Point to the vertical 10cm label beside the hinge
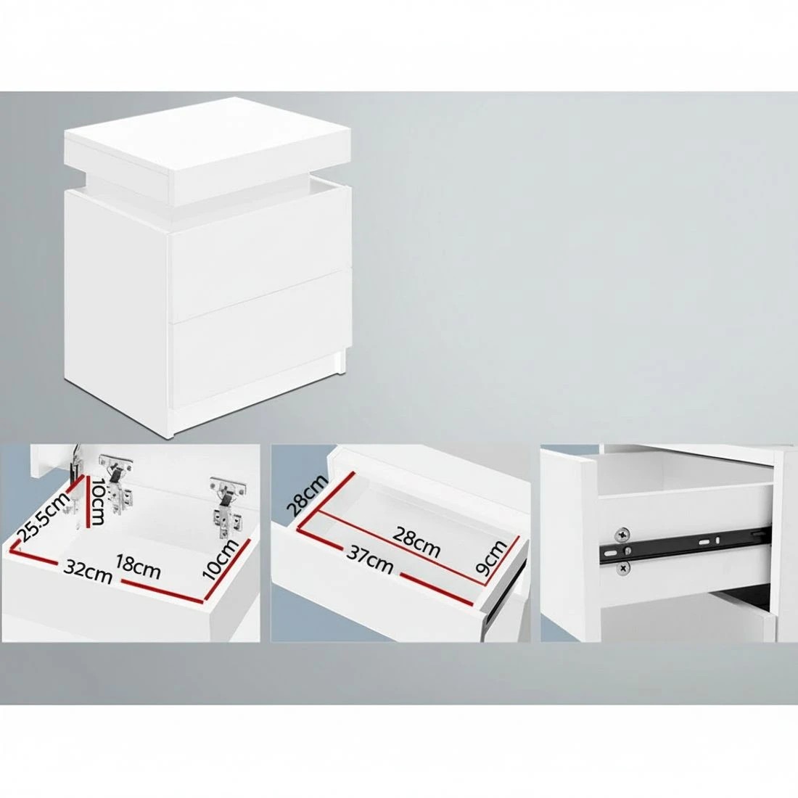tap(95, 500)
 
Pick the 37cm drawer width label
tap(369, 562)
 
